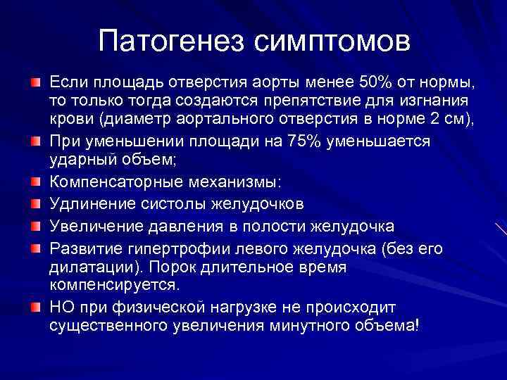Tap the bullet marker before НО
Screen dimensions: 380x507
(35, 308)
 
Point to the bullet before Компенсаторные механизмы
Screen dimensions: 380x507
(35, 182)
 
